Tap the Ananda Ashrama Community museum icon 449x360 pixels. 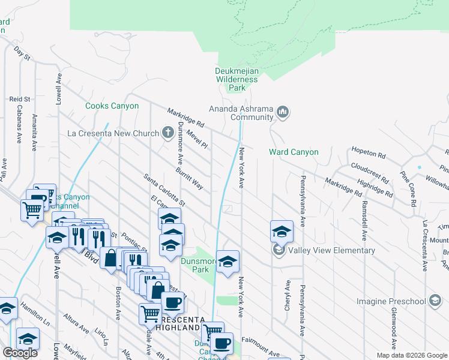click(284, 112)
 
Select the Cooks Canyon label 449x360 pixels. click(112, 106)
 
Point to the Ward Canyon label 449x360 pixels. click(294, 152)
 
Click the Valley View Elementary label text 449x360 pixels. click(331, 251)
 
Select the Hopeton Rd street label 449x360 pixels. click(368, 154)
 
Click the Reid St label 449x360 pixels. click(20, 98)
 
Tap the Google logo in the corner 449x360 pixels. click(20, 353)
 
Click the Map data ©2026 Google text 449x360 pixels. click(412, 355)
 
